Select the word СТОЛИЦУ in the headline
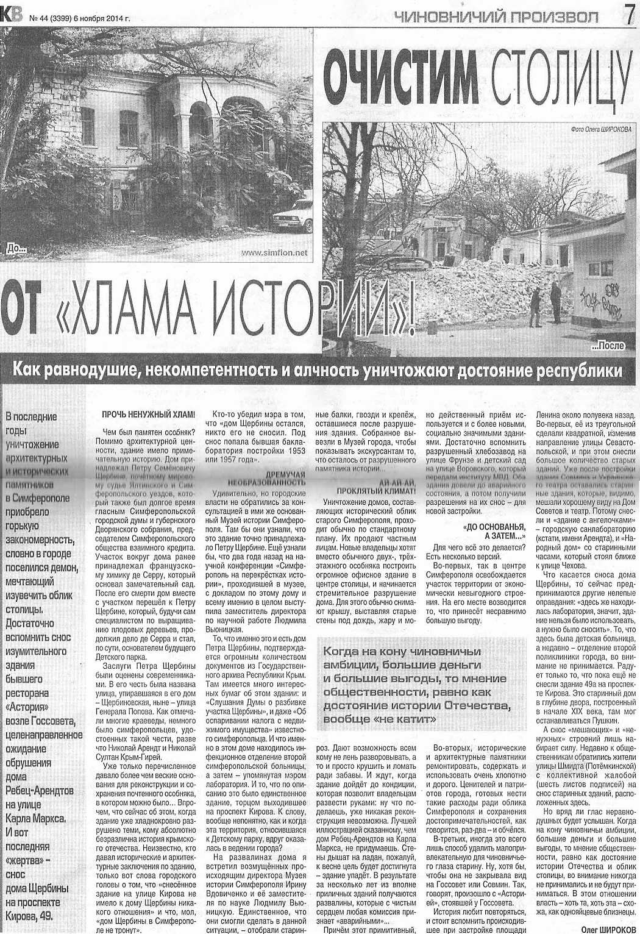click(561, 79)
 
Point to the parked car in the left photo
click(293, 215)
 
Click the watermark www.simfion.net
click(275, 253)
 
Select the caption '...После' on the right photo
click(608, 346)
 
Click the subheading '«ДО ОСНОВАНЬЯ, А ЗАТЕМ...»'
click(494, 532)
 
